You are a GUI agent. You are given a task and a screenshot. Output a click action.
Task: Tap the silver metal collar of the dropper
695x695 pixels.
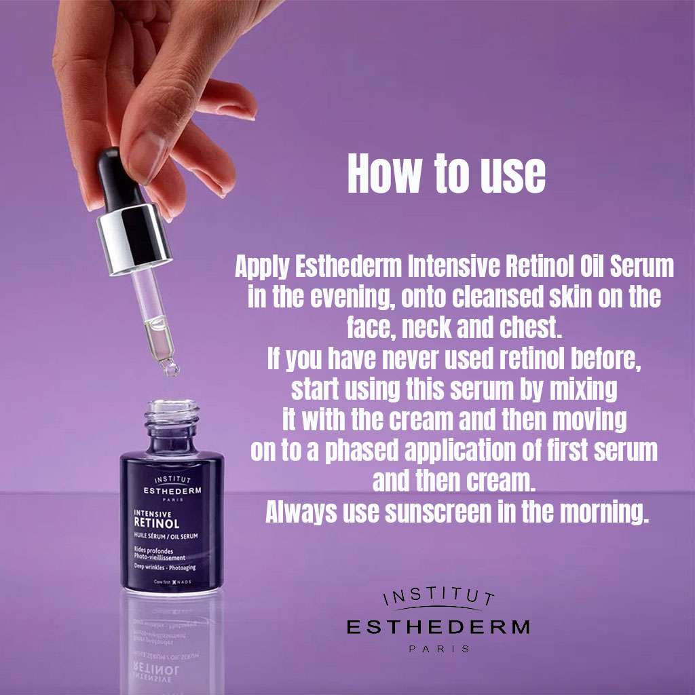click(x=134, y=240)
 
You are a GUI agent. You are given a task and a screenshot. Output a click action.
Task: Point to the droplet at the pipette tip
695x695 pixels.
click(x=170, y=368)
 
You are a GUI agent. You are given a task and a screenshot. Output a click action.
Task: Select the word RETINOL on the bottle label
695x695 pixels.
click(x=157, y=523)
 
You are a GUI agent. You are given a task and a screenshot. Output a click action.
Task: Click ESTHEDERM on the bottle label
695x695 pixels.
click(x=172, y=491)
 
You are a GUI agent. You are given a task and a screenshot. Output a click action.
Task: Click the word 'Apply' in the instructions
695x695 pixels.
click(x=262, y=267)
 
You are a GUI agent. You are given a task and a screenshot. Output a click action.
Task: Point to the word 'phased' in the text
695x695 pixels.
click(x=362, y=451)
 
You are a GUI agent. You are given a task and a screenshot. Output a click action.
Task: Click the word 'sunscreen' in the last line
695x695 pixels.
click(x=438, y=512)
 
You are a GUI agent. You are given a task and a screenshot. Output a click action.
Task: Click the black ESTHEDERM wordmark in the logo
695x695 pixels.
click(x=438, y=626)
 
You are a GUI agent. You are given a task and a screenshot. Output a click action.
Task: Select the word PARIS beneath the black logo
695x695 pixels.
click(x=439, y=649)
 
